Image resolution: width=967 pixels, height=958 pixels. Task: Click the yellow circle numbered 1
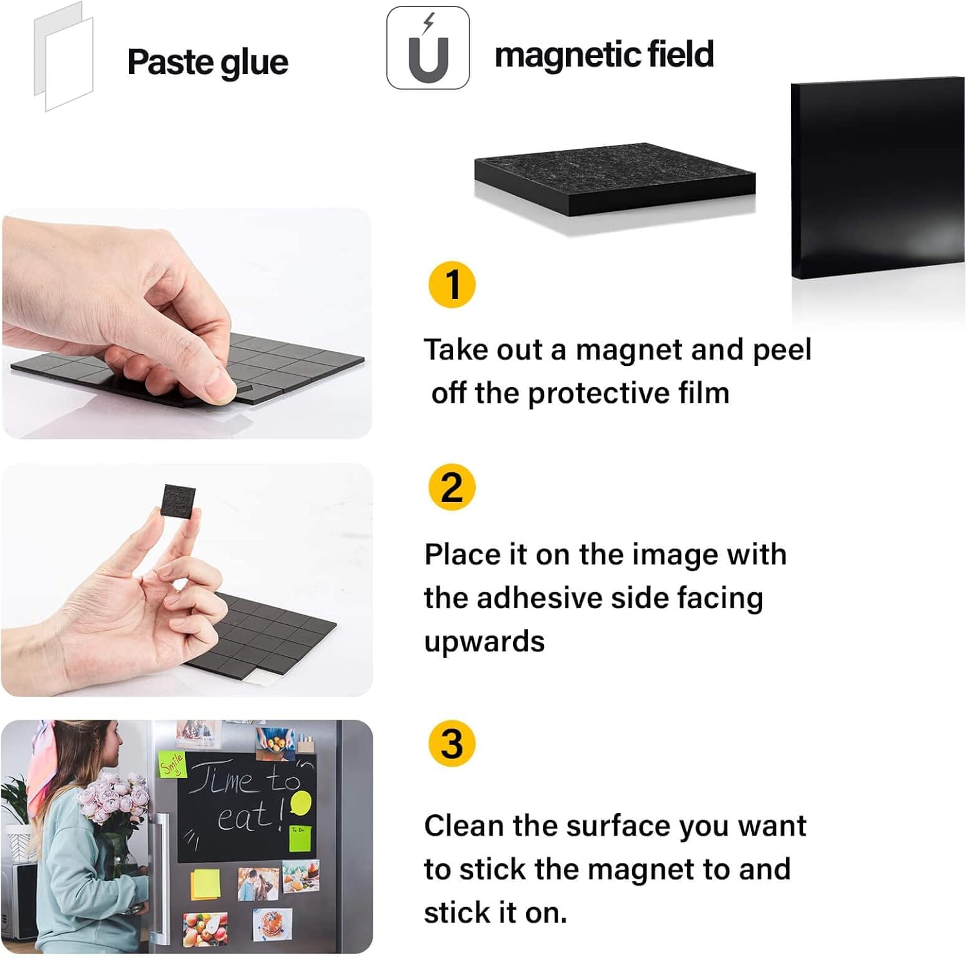pyautogui.click(x=452, y=285)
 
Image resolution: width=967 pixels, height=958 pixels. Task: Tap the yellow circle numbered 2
pyautogui.click(x=452, y=487)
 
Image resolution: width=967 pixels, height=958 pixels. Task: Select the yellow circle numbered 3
pyautogui.click(x=452, y=743)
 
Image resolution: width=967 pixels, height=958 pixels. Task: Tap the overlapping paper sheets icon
pyautogui.click(x=63, y=57)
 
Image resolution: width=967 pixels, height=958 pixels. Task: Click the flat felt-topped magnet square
pyautogui.click(x=614, y=178)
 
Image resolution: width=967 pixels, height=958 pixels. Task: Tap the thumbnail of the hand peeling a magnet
pyautogui.click(x=187, y=323)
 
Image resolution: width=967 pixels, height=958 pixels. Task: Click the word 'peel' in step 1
pyautogui.click(x=782, y=350)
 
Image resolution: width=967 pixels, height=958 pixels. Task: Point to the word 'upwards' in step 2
pyautogui.click(x=485, y=642)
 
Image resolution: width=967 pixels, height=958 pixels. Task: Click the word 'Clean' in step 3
pyautogui.click(x=464, y=825)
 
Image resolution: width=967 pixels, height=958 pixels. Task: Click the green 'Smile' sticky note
pyautogui.click(x=172, y=765)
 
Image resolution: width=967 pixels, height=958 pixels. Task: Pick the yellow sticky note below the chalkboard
pyautogui.click(x=204, y=884)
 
